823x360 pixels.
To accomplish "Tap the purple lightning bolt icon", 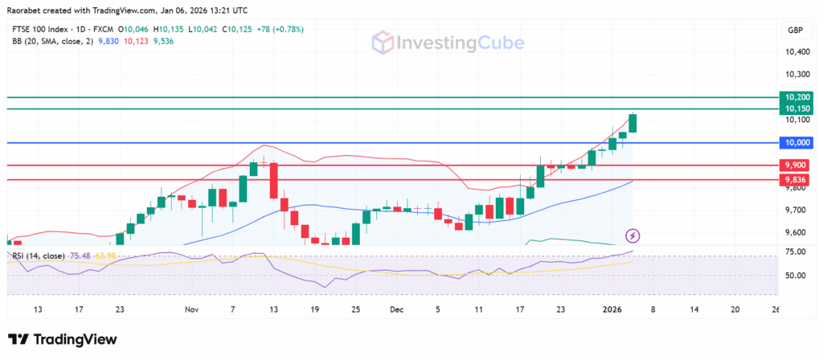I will [633, 235].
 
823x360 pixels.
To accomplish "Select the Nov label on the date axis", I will [190, 308].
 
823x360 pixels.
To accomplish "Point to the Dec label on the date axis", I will [396, 308].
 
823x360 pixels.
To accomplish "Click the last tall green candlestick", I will [633, 123].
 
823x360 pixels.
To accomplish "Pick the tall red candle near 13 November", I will [274, 181].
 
